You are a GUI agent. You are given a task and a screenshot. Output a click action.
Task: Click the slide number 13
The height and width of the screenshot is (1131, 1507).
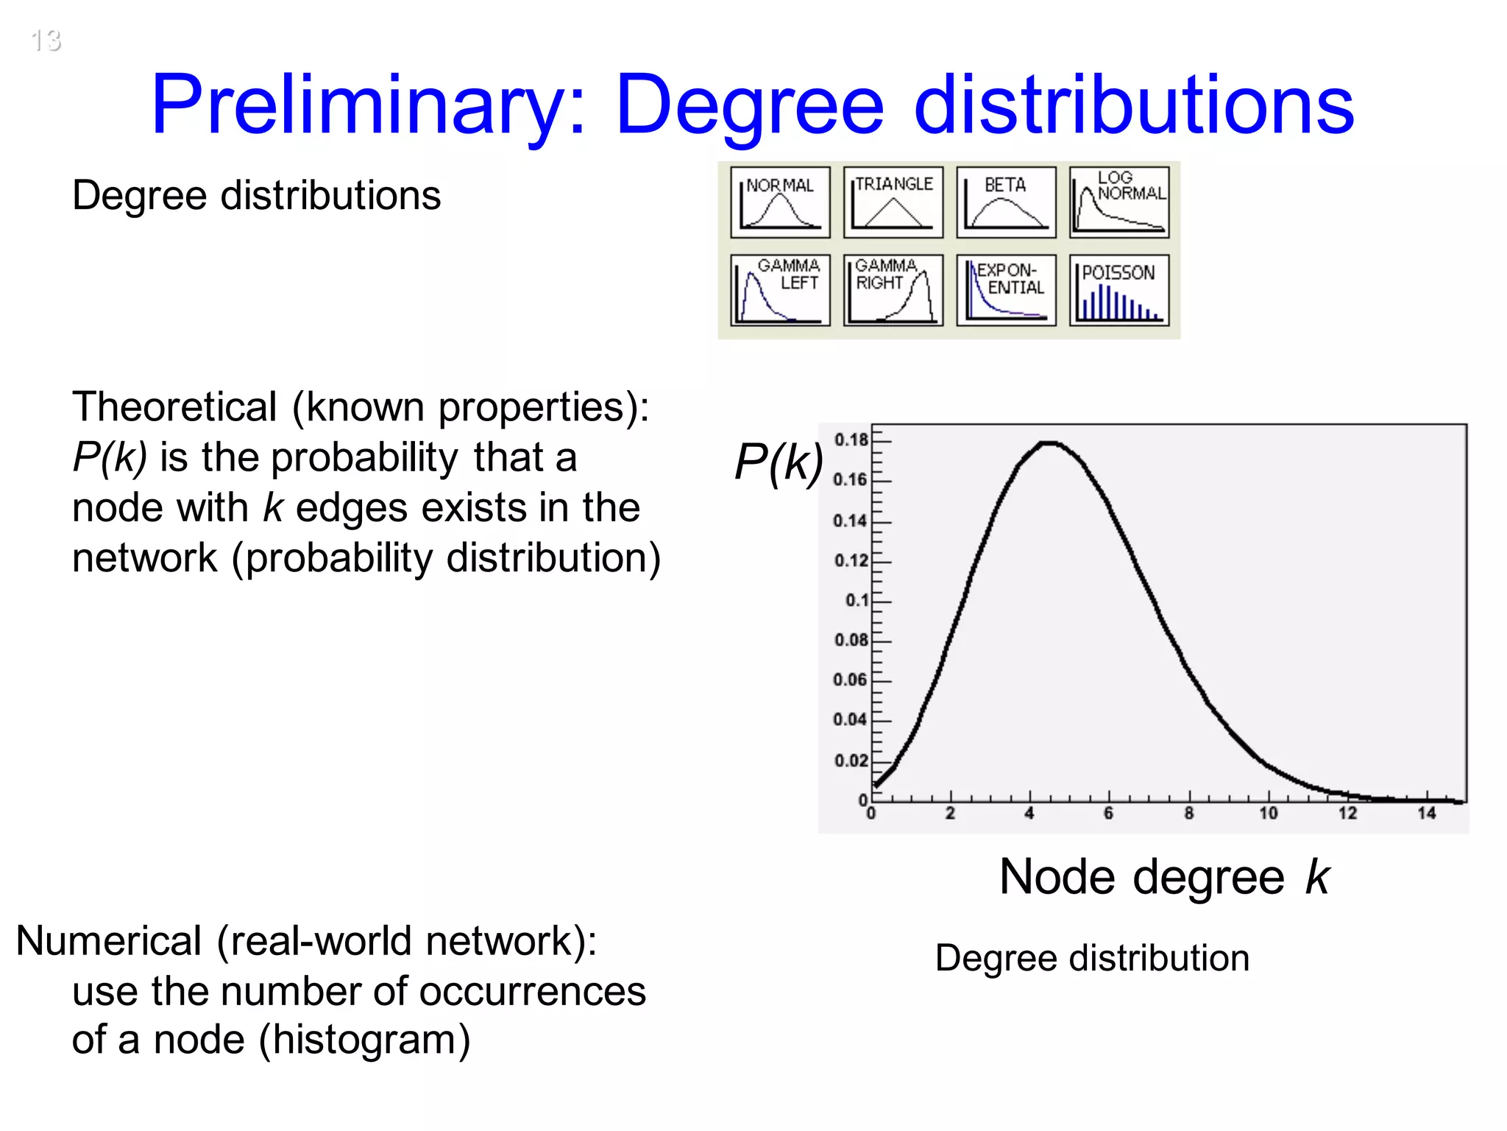(46, 40)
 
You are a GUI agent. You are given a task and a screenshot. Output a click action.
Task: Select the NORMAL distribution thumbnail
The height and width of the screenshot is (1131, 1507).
(780, 202)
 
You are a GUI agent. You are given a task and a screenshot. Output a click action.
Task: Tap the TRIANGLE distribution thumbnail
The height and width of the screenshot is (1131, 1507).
(893, 202)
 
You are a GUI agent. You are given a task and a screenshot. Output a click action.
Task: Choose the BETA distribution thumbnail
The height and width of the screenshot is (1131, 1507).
(1006, 202)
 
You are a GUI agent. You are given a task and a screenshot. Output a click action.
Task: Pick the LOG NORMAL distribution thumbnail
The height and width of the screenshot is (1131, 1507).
(1119, 202)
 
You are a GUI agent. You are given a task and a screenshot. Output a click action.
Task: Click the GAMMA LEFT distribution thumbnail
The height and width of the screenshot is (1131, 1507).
(780, 290)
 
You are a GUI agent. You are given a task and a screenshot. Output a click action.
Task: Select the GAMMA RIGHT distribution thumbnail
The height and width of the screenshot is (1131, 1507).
(893, 290)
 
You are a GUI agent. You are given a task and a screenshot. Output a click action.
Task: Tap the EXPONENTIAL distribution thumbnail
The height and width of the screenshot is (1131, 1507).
(1006, 290)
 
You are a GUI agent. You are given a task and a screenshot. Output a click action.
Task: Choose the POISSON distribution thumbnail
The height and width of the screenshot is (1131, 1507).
(1119, 290)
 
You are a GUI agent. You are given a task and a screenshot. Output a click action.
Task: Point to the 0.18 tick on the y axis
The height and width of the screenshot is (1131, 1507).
(851, 440)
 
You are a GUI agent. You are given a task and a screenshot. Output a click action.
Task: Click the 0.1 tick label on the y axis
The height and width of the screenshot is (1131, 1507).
(857, 600)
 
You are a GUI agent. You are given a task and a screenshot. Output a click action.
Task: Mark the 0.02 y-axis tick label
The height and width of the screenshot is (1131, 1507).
(851, 760)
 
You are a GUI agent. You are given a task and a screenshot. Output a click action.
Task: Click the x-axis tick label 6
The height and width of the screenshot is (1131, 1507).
(1108, 814)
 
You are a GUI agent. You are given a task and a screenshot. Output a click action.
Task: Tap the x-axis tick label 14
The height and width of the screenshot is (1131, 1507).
(1426, 814)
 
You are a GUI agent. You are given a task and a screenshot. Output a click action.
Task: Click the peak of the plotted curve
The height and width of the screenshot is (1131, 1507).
(1049, 443)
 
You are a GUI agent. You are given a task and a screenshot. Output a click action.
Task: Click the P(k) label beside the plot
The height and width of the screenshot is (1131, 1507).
(779, 463)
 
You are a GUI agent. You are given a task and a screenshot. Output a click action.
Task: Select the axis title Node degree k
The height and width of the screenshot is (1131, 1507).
(1165, 878)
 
